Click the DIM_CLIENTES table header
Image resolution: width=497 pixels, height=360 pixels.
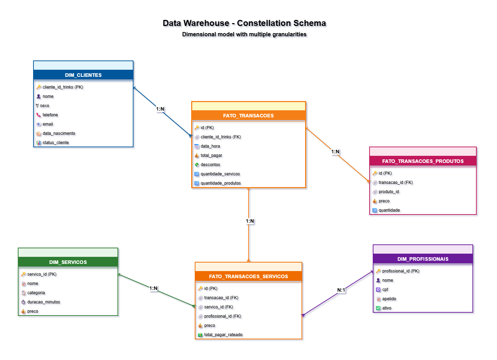click(83, 75)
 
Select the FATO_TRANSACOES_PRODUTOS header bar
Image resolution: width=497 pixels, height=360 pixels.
click(423, 161)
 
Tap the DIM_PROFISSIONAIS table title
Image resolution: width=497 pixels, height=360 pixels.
click(423, 259)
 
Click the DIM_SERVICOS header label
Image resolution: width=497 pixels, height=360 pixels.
click(68, 262)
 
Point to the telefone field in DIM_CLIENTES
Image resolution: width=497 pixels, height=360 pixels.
click(50, 115)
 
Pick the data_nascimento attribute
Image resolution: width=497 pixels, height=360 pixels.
click(59, 133)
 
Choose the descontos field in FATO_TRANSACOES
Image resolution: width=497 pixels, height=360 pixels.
click(210, 165)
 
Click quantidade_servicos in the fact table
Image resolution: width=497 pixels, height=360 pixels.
click(220, 174)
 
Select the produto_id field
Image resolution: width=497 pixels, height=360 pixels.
click(388, 192)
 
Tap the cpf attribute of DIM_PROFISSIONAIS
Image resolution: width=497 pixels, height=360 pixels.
click(385, 290)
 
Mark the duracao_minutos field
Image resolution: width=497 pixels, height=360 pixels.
click(43, 302)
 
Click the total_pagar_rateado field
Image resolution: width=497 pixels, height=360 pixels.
click(223, 335)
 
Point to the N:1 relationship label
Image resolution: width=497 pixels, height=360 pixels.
click(341, 290)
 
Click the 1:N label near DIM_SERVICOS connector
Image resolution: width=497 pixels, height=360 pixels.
click(153, 288)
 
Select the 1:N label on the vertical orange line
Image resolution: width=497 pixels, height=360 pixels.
click(250, 221)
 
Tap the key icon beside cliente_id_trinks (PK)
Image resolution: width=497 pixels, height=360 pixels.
click(39, 87)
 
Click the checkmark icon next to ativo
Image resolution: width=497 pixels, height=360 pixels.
click(378, 308)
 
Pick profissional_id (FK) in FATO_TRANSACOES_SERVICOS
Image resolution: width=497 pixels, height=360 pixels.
click(223, 316)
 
